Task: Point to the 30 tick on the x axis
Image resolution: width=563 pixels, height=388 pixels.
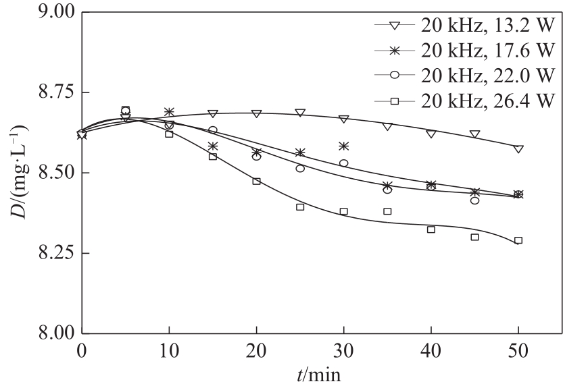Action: pyautogui.click(x=343, y=351)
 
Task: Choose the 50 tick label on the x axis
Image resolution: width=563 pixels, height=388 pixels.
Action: pyautogui.click(x=518, y=351)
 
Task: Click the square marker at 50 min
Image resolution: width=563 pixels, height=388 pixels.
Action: pyautogui.click(x=518, y=240)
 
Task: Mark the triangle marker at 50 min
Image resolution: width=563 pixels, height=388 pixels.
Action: pyautogui.click(x=518, y=149)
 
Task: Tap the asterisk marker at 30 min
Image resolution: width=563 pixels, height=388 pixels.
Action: pyautogui.click(x=344, y=146)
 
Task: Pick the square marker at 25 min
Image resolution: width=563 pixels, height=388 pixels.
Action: pyautogui.click(x=300, y=207)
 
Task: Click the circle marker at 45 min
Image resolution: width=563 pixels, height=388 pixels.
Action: pyautogui.click(x=475, y=200)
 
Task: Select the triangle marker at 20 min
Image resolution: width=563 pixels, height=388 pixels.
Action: pyautogui.click(x=256, y=114)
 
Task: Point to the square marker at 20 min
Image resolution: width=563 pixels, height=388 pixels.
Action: pyautogui.click(x=256, y=181)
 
